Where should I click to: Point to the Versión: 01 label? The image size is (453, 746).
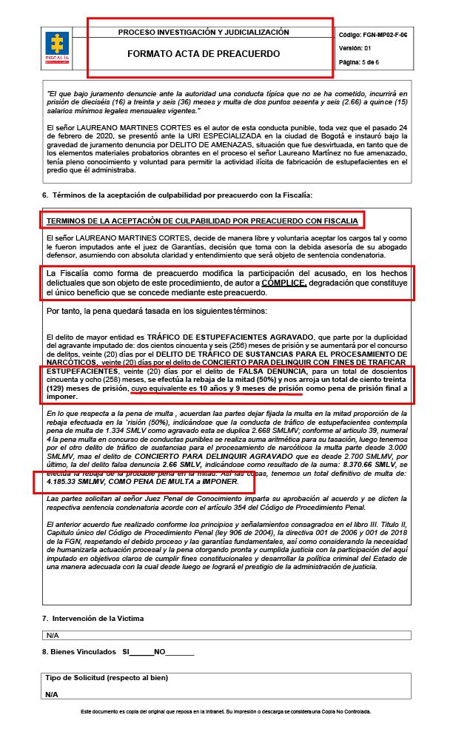pos(355,47)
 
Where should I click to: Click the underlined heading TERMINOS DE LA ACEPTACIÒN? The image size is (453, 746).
pos(201,221)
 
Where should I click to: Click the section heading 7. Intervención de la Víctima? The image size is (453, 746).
pos(93,617)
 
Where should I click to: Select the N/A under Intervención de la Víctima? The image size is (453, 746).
pos(52,635)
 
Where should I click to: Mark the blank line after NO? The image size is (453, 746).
pos(181,652)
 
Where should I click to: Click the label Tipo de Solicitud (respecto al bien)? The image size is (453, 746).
pos(107,678)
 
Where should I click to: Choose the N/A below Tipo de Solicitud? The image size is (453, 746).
pos(52,695)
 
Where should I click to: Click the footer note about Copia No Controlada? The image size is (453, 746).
pos(226,711)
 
